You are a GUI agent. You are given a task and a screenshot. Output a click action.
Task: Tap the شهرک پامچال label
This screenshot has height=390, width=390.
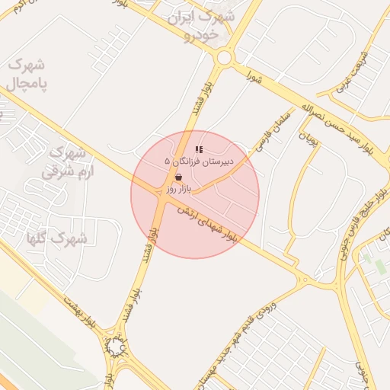(x=27, y=75)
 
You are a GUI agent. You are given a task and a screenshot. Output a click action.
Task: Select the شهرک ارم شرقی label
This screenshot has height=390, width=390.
(x=66, y=160)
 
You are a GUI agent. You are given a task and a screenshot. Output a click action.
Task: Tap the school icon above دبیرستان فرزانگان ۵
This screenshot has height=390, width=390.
(x=199, y=150)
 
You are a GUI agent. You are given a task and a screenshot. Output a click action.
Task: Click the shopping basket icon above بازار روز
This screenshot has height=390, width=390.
(x=178, y=176)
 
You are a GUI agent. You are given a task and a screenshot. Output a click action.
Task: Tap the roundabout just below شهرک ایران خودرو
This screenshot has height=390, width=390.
(x=224, y=58)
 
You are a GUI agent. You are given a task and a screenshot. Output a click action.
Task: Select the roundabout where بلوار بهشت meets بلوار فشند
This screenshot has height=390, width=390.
(x=116, y=347)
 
